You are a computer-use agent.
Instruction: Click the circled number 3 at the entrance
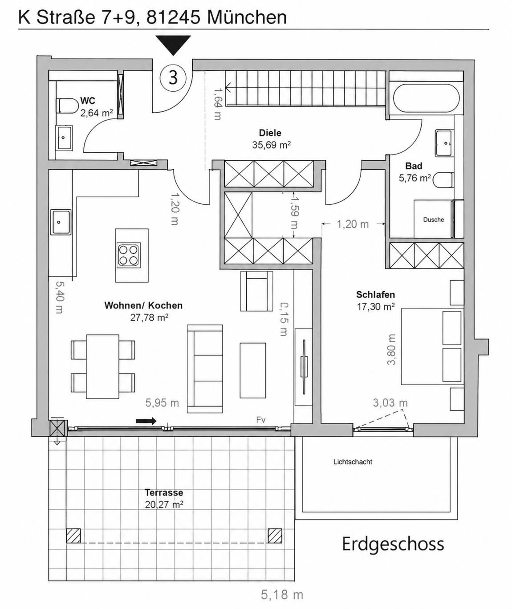(173, 78)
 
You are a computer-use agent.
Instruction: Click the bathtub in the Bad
(426, 98)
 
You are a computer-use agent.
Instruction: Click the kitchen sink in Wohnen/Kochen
(61, 222)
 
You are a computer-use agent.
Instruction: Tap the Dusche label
(434, 219)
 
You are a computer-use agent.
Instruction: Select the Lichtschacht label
(353, 462)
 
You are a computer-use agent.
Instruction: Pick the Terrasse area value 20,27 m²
(164, 504)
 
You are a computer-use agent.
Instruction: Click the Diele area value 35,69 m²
(271, 145)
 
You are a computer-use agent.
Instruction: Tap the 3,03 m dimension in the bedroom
(390, 403)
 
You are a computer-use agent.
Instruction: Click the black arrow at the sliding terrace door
(146, 421)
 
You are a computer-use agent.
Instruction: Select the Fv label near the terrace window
(261, 420)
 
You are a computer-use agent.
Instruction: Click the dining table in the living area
(102, 366)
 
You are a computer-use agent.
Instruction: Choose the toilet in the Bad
(443, 180)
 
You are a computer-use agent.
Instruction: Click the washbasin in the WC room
(64, 138)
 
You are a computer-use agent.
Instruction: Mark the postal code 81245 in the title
(173, 17)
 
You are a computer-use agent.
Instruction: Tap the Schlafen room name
(375, 295)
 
